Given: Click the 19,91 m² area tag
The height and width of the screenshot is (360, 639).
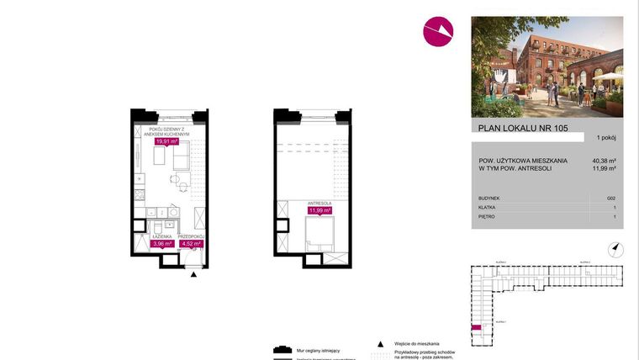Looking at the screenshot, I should tap(167, 141).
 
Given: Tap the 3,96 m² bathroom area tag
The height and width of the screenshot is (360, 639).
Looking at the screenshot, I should tap(162, 244).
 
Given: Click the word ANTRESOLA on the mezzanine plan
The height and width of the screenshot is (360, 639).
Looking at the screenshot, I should tap(319, 203).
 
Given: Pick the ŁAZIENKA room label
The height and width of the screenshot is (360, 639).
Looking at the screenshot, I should tap(161, 237).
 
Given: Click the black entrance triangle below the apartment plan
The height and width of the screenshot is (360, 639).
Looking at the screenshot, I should tap(195, 274).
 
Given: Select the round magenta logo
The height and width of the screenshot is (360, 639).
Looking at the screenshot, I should tap(438, 31).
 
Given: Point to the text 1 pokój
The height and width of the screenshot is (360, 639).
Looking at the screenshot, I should tap(606, 137).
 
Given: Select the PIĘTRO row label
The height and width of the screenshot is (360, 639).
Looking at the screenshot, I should tap(486, 216).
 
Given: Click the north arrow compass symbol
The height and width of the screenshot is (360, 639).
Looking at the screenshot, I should tap(616, 247).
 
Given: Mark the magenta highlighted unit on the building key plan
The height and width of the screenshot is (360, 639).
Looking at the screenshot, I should tap(476, 328).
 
